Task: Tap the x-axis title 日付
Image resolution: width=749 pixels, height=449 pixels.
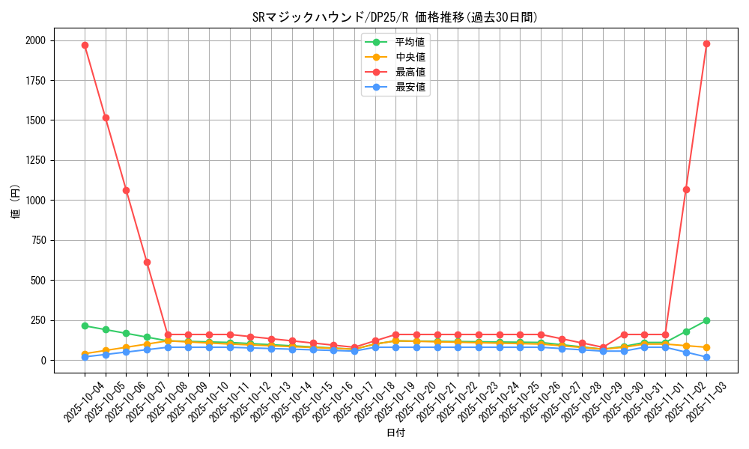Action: tap(395, 433)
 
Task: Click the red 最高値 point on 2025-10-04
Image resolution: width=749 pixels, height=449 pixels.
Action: tap(85, 45)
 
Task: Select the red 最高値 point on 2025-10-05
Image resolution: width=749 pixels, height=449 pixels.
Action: tap(106, 117)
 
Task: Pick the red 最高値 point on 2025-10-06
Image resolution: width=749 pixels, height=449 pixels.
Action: tap(126, 190)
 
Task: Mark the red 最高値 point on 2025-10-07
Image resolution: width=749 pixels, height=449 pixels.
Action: tap(147, 262)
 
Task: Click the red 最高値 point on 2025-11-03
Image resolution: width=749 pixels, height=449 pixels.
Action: tap(706, 43)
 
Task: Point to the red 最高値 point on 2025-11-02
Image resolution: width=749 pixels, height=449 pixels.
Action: tap(686, 189)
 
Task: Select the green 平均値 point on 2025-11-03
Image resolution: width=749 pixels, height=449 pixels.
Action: tap(706, 320)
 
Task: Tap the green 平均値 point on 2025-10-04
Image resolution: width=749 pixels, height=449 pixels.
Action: tap(85, 326)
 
